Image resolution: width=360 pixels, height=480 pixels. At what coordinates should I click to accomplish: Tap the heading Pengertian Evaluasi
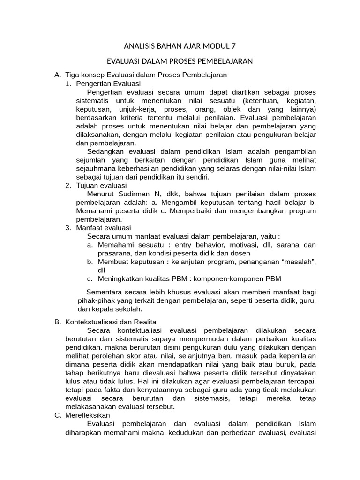click(x=105, y=83)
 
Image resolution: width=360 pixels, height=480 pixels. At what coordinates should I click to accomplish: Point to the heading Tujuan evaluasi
click(x=99, y=185)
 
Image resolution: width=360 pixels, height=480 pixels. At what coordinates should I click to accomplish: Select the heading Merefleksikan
click(x=88, y=415)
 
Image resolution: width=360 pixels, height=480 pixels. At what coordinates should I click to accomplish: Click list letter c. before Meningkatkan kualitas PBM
click(x=90, y=279)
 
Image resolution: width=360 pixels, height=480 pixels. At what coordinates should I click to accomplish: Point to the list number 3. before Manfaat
click(x=68, y=228)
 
